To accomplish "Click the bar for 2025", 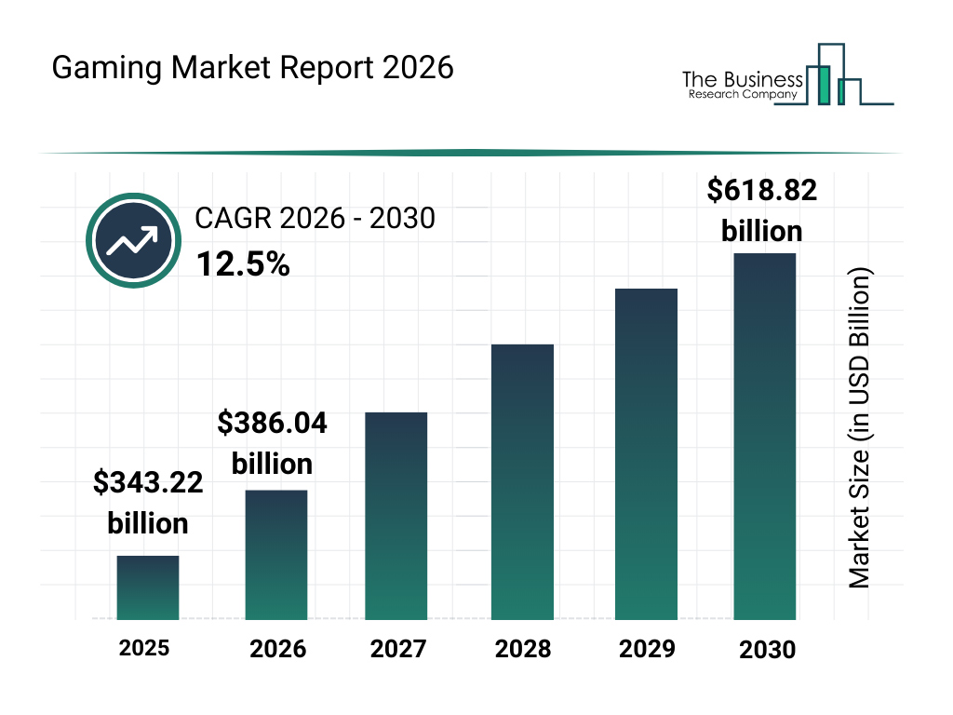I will tap(148, 587).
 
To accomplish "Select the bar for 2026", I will tap(276, 555).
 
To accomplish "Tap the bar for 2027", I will tap(396, 516).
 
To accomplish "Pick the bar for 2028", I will tap(522, 482).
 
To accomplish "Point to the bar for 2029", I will tap(646, 454).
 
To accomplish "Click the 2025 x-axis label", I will tap(144, 647).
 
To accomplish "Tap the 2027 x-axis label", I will tap(398, 648).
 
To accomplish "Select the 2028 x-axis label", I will tap(522, 648).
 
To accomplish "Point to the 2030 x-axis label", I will tap(768, 649).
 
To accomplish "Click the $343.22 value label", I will tap(148, 483).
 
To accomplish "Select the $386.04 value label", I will tap(273, 424).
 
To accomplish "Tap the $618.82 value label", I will tap(762, 191).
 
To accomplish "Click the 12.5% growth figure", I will tap(243, 265).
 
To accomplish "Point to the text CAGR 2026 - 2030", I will tap(315, 219).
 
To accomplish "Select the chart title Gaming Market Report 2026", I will tap(253, 68).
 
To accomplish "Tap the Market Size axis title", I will tap(859, 428).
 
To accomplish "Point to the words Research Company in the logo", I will tap(742, 94).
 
